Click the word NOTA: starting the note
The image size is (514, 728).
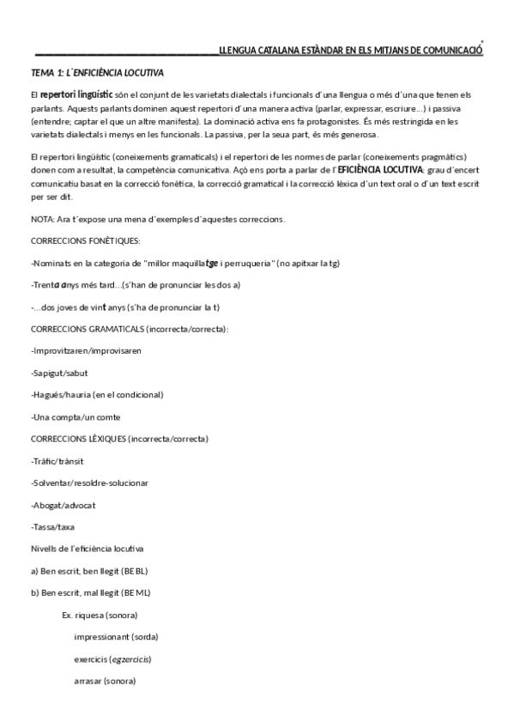41,219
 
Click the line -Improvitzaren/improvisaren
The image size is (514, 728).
86,351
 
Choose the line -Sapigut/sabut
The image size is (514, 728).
58,373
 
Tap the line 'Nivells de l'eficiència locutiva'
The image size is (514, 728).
87,548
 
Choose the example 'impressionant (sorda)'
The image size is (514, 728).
116,637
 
